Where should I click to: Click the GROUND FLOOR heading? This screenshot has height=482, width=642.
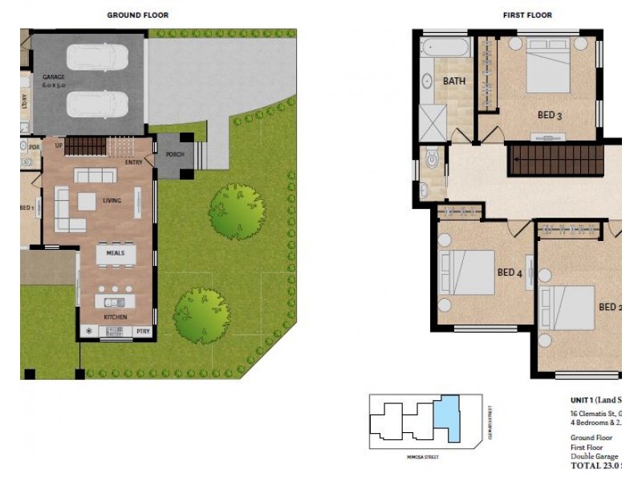pyautogui.click(x=137, y=15)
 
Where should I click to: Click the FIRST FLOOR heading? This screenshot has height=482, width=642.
pyautogui.click(x=527, y=15)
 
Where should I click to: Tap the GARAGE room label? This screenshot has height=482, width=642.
pyautogui.click(x=53, y=79)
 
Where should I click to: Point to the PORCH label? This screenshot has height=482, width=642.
pyautogui.click(x=175, y=153)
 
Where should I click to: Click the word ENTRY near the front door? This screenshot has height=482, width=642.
pyautogui.click(x=134, y=162)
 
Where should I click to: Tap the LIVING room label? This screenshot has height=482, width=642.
pyautogui.click(x=111, y=200)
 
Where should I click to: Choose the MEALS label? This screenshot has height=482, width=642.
pyautogui.click(x=115, y=252)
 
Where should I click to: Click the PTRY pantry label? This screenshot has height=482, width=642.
pyautogui.click(x=144, y=330)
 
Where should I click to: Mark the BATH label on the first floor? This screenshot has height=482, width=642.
pyautogui.click(x=453, y=81)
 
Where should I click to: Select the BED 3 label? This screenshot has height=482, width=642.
pyautogui.click(x=549, y=115)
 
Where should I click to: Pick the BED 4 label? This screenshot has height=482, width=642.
pyautogui.click(x=510, y=272)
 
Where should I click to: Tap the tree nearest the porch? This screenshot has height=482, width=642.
pyautogui.click(x=237, y=210)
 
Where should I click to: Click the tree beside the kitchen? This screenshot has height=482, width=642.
pyautogui.click(x=201, y=315)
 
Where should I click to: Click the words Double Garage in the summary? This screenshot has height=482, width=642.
pyautogui.click(x=594, y=455)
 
